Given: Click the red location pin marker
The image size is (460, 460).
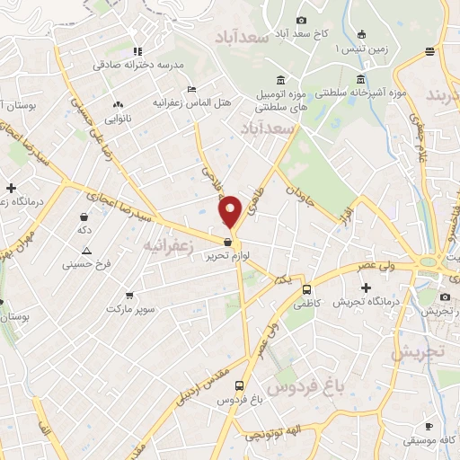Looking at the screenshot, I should (231, 211).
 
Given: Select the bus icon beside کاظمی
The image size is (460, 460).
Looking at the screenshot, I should (307, 289).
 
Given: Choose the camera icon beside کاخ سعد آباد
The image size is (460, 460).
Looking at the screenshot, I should (301, 20).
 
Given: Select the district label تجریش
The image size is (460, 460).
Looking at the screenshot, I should (423, 352).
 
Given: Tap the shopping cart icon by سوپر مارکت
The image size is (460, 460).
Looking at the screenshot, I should (129, 294).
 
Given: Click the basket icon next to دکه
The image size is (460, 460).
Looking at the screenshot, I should (84, 217).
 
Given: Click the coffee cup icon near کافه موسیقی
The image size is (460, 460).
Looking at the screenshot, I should (429, 424).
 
